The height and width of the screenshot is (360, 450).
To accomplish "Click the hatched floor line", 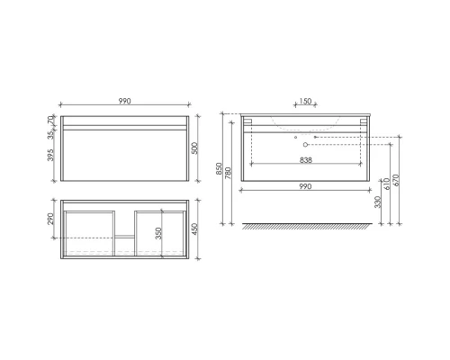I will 305,226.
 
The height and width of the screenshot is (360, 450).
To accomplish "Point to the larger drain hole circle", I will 306,144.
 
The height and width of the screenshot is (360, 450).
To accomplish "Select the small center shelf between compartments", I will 123,241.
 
